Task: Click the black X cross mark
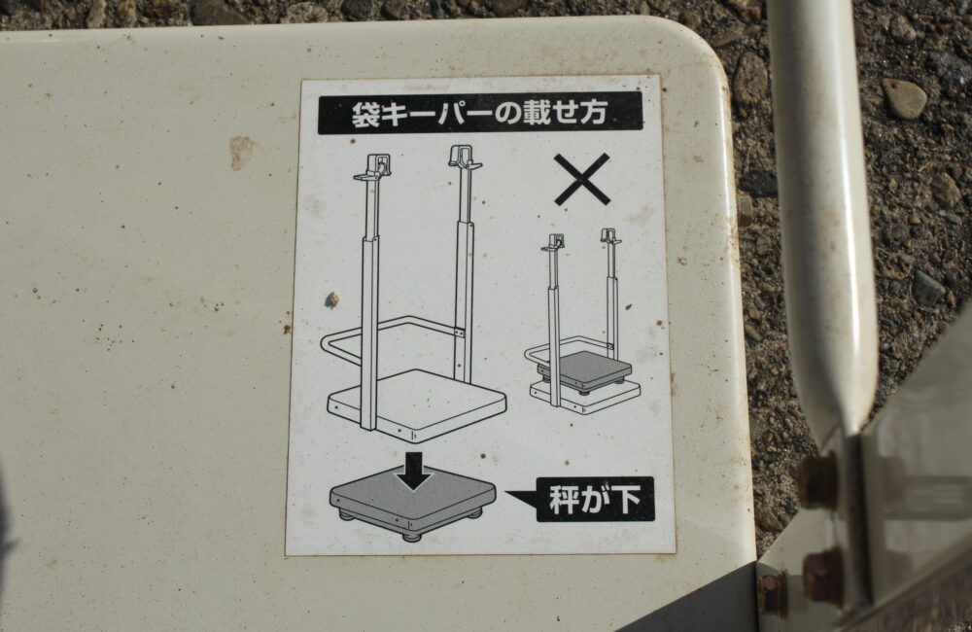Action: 582,180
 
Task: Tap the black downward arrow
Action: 414,472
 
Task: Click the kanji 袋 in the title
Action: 365,115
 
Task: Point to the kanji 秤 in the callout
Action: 565,499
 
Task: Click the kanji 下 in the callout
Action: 625,499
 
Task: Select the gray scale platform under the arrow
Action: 413,505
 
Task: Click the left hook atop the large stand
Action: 376,167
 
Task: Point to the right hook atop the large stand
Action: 465,158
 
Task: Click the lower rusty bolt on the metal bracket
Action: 822,577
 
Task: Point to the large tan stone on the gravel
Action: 904,98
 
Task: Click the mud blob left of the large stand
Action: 332,300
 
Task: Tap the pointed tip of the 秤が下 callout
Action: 507,493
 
